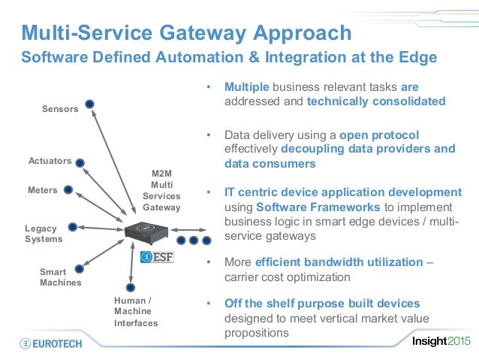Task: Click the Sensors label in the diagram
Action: pos(60,109)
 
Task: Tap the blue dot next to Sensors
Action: pos(89,104)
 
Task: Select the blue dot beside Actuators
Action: pos(80,162)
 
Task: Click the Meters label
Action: pos(42,190)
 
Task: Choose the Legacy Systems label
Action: pos(44,234)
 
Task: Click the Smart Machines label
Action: pos(60,277)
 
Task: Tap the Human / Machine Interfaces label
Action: pos(136,312)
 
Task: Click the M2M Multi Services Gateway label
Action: pos(162,190)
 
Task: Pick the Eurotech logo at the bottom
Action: pos(54,343)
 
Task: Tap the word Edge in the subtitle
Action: pos(415,57)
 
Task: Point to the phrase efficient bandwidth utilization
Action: pos(339,262)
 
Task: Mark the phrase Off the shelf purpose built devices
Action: pos(322,304)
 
